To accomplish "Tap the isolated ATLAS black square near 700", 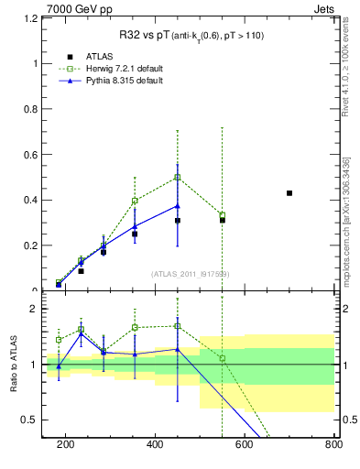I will pyautogui.click(x=289, y=193).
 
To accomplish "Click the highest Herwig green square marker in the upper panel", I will pyautogui.click(x=178, y=177).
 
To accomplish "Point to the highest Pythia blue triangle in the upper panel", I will pyautogui.click(x=178, y=206).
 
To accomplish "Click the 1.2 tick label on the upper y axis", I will pyautogui.click(x=32, y=18).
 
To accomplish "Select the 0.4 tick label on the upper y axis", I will pyautogui.click(x=32, y=200).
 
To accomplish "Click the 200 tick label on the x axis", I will pyautogui.click(x=65, y=444).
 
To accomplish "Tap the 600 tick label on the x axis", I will pyautogui.click(x=245, y=444).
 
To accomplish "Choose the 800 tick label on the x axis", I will pyautogui.click(x=332, y=444).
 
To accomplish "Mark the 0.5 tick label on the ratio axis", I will pyautogui.click(x=32, y=420).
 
